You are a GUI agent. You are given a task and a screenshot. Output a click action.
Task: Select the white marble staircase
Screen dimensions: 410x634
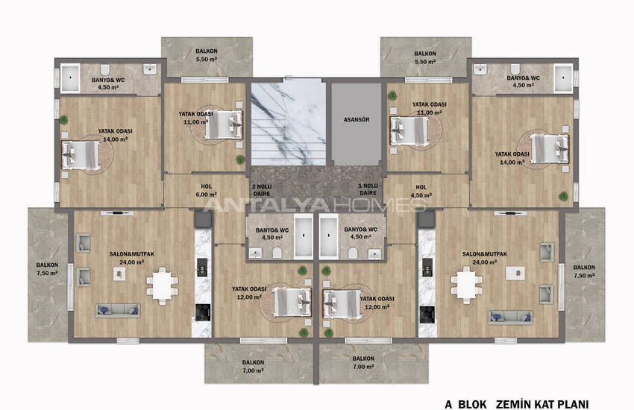[288, 123]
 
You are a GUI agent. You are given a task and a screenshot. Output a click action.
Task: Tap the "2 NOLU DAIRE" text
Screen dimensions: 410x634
[261, 189]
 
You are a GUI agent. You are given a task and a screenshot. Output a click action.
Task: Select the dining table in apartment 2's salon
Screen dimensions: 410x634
[162, 283]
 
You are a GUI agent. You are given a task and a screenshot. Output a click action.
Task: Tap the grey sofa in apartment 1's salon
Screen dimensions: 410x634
[511, 318]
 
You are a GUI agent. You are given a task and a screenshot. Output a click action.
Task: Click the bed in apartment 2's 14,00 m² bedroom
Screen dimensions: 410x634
[80, 155]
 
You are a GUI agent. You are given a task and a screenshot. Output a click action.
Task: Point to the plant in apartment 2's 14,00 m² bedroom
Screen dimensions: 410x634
[64, 119]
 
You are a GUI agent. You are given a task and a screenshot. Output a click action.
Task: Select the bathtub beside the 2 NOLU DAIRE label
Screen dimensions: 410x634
[304, 238]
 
